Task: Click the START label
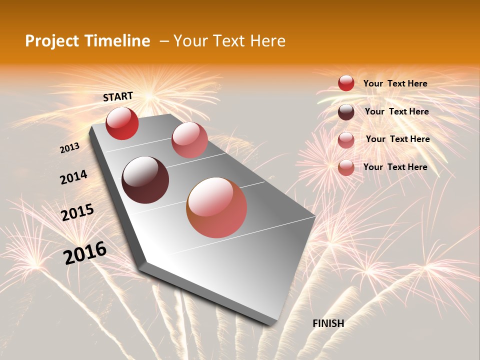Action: click(x=118, y=96)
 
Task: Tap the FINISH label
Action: click(x=328, y=323)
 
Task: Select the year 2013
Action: click(x=69, y=148)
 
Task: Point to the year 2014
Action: click(x=73, y=177)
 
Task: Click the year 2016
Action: click(x=85, y=253)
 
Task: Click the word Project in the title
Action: click(x=51, y=41)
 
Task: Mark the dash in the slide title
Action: click(x=163, y=41)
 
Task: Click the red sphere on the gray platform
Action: click(x=122, y=123)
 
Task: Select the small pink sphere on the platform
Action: click(x=189, y=140)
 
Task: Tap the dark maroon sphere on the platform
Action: click(x=145, y=180)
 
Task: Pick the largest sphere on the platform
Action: click(x=216, y=207)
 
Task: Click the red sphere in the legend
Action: click(x=346, y=83)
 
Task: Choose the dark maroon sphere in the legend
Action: click(x=346, y=112)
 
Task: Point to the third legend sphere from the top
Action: click(x=346, y=140)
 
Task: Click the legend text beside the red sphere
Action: click(x=395, y=84)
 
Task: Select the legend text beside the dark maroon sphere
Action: click(x=396, y=111)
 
